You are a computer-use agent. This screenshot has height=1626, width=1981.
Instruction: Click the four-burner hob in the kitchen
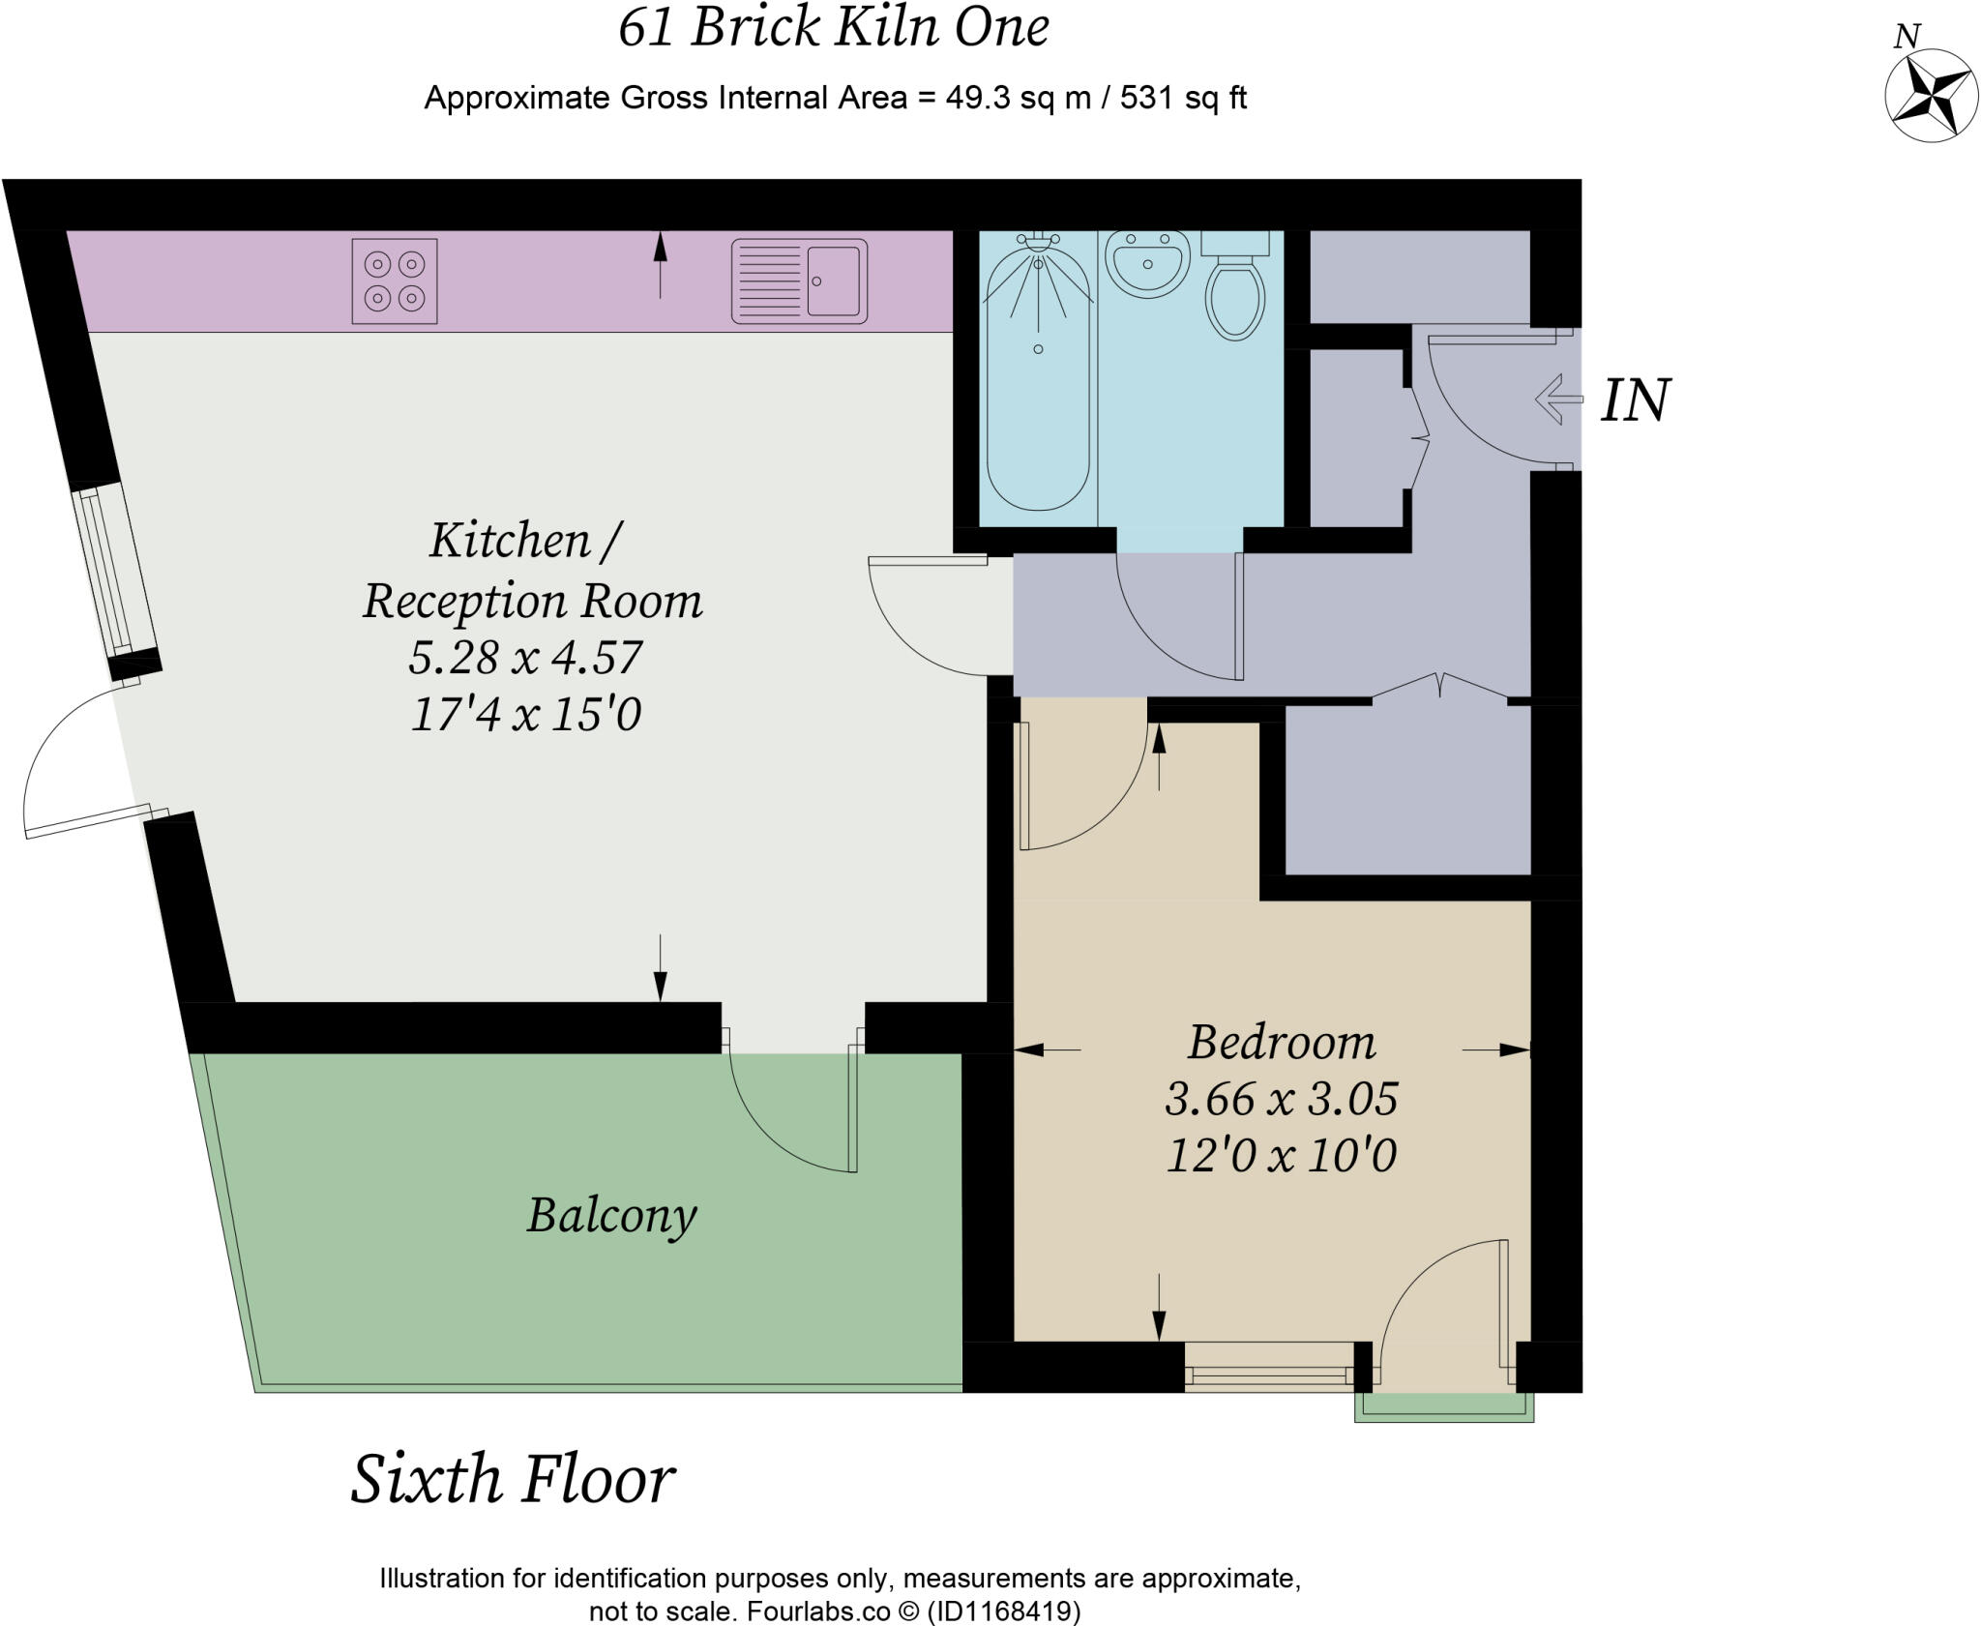click(395, 281)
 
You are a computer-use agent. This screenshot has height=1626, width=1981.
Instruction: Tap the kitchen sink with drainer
click(799, 281)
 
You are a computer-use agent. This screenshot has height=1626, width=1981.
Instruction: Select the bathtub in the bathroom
click(1038, 377)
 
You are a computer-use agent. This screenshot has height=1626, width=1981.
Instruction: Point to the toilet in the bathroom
click(1235, 290)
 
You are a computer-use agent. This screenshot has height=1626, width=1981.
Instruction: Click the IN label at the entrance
click(1635, 400)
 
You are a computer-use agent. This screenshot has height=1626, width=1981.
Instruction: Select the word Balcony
click(611, 1215)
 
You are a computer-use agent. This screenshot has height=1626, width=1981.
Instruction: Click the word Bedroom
click(1282, 1042)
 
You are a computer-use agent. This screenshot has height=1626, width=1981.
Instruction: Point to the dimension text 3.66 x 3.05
click(1282, 1099)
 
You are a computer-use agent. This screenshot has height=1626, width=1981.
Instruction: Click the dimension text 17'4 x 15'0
click(526, 715)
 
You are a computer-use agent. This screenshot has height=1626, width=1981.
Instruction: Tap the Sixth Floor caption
click(513, 1479)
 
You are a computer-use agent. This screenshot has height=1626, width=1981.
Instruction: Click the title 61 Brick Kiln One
click(834, 27)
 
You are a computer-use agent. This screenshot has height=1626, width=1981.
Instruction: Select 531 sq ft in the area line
click(1183, 98)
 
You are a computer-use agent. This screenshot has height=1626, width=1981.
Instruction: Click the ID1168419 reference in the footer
click(1003, 1611)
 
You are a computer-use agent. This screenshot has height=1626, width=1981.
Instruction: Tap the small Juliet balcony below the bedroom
click(1443, 1407)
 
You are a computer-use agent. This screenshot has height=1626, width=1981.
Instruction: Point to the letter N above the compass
click(1907, 37)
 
